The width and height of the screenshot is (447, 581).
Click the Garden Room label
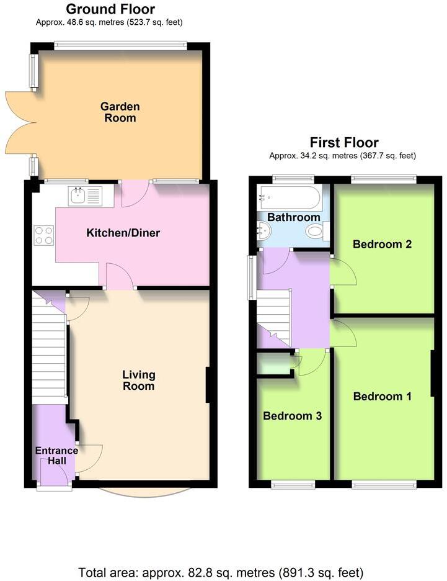[x=120, y=112]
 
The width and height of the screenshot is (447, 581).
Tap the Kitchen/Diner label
[x=123, y=233]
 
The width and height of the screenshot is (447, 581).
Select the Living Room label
[x=138, y=380]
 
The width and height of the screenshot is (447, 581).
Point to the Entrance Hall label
[x=56, y=456]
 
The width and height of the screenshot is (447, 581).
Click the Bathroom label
[x=294, y=217]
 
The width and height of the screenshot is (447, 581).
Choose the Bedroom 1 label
[x=383, y=396]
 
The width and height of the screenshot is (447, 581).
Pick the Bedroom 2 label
[x=383, y=244]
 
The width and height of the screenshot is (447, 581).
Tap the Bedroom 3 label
[x=292, y=416]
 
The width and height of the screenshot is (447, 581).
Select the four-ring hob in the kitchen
[x=43, y=235]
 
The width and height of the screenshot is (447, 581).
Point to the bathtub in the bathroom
[x=290, y=198]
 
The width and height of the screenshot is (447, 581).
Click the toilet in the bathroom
[x=316, y=232]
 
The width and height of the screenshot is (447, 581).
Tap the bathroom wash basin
[x=263, y=231]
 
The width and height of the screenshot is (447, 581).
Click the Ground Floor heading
[x=110, y=9]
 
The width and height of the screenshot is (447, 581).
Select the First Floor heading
[x=344, y=142]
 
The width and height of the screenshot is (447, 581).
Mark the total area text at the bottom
[x=221, y=572]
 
